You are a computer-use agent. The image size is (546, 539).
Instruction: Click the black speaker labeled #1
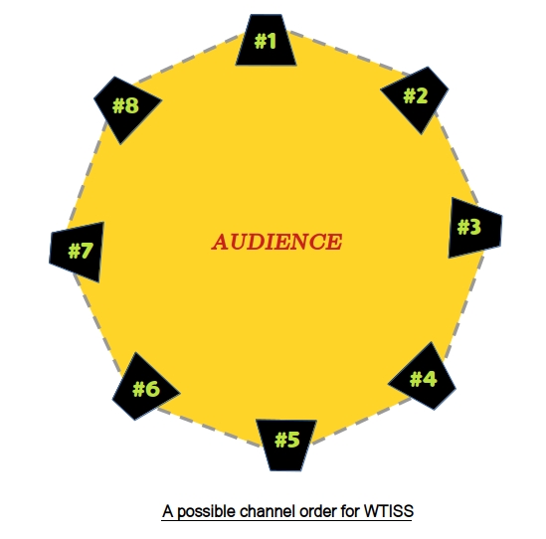266,41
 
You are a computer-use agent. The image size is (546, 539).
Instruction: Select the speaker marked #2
416,97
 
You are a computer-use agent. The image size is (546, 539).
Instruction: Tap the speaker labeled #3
474,228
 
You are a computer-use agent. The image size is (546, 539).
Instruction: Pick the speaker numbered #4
424,378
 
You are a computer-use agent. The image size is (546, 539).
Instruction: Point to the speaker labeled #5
286,443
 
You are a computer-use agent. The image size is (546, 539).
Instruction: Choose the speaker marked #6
144,388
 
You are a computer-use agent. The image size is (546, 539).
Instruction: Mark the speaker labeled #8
126,108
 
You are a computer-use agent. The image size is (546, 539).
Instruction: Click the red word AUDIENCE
276,242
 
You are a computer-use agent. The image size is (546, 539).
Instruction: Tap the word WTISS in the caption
389,511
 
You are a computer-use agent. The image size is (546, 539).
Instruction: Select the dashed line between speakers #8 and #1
188,59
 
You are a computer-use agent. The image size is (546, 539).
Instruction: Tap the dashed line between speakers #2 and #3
456,157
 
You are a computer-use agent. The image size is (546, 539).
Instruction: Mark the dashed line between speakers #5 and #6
209,428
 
